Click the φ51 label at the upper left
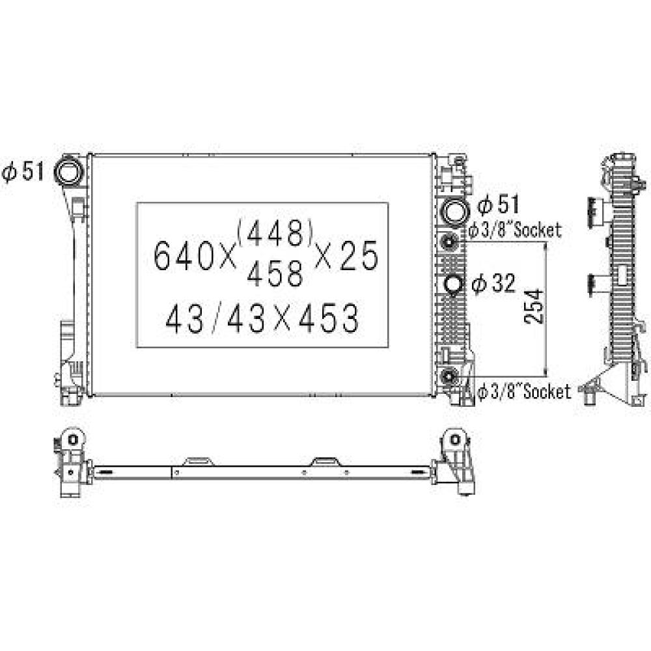pyautogui.click(x=23, y=172)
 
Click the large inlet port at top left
pyautogui.click(x=68, y=172)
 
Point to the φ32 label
pyautogui.click(x=493, y=283)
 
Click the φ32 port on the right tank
pyautogui.click(x=452, y=284)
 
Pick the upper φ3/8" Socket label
pyautogui.click(x=515, y=230)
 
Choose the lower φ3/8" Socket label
pyautogui.click(x=524, y=391)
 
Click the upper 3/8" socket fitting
pyautogui.click(x=449, y=243)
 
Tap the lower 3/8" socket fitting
pyautogui.click(x=449, y=376)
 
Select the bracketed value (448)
pyautogui.click(x=275, y=232)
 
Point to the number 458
pyautogui.click(x=275, y=274)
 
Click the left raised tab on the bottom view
pyautogui.click(x=198, y=461)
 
